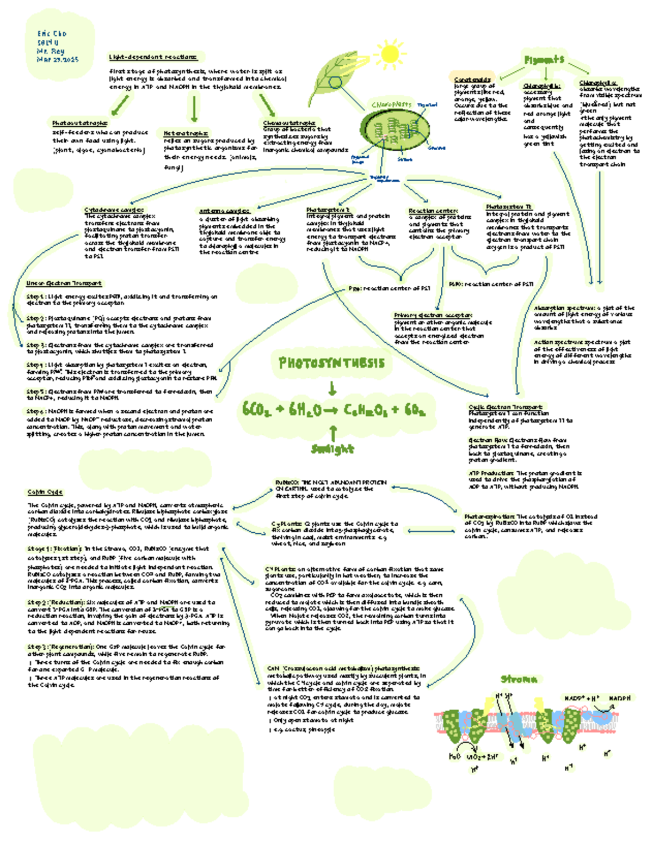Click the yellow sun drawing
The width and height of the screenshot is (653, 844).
[390, 54]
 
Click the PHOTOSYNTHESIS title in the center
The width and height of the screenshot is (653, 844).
[331, 363]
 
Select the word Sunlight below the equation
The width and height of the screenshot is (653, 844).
[332, 449]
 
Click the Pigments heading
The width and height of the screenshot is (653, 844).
[544, 59]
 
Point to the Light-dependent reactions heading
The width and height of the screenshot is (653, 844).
[153, 57]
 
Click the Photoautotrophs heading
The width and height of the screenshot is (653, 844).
[79, 124]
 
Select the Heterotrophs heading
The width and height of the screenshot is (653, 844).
[186, 133]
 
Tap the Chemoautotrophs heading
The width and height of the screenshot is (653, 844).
[289, 124]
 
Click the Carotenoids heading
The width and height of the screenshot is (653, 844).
[472, 80]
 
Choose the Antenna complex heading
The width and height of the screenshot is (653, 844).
[224, 211]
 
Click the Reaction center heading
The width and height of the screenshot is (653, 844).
[433, 211]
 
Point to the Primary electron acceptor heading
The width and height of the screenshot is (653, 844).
[433, 315]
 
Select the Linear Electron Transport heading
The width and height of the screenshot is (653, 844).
[64, 284]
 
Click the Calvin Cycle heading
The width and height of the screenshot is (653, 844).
[45, 492]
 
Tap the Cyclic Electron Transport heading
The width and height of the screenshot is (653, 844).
[505, 407]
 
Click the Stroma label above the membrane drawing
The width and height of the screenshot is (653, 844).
[519, 679]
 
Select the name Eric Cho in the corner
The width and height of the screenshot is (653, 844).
[52, 34]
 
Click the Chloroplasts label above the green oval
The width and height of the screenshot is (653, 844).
[391, 104]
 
